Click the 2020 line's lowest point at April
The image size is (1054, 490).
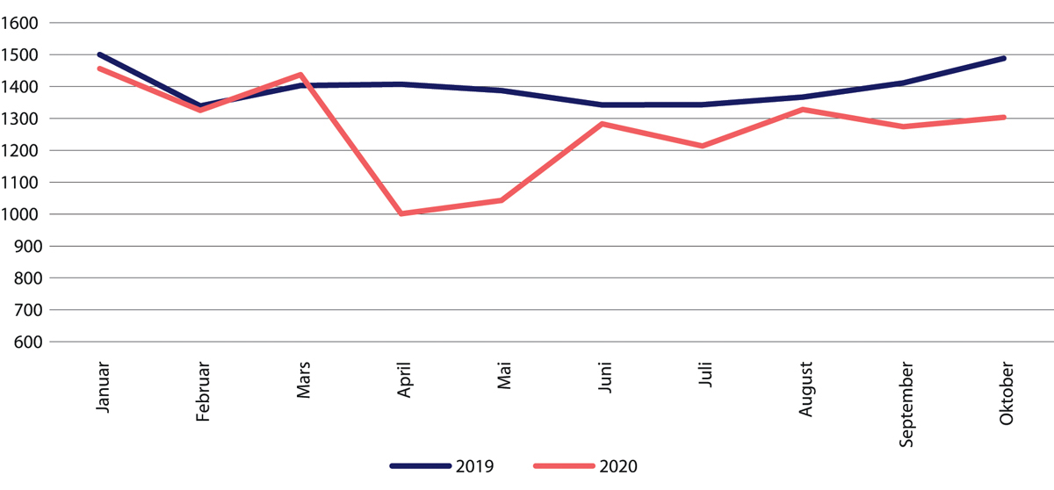coord(401,213)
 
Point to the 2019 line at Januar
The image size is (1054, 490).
coord(100,54)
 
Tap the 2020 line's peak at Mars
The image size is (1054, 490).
coord(301,75)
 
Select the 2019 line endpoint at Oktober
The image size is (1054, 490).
coord(1004,58)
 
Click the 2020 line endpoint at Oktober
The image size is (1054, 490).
coord(1004,117)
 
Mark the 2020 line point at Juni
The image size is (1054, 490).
coord(603,124)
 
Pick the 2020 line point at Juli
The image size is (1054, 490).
coord(703,146)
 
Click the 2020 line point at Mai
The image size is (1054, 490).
coord(502,200)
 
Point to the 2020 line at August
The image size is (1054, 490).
coord(803,110)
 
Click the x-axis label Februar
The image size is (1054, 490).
coord(203,393)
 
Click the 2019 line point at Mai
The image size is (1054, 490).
coord(502,90)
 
